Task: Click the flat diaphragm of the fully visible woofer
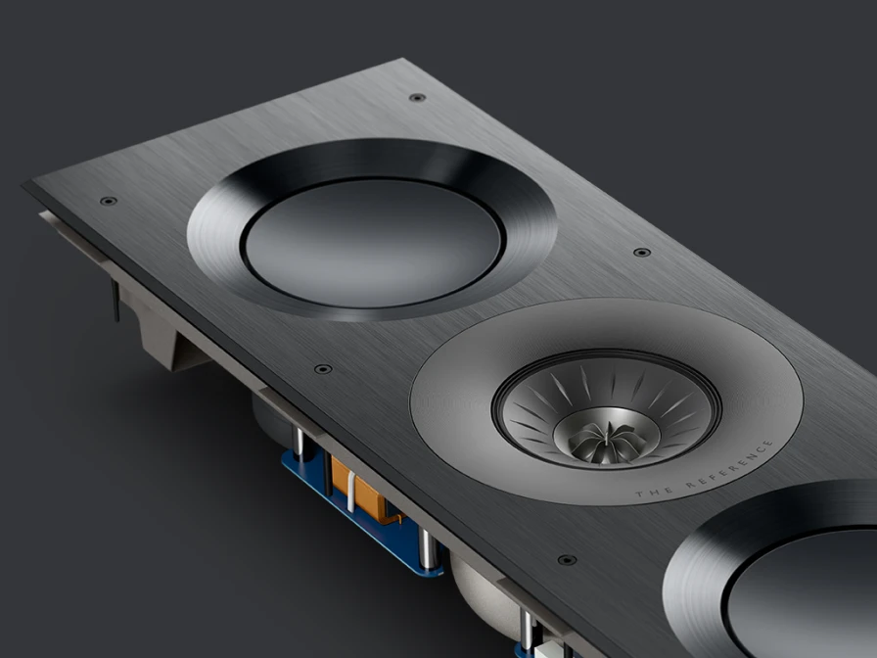(x=373, y=244)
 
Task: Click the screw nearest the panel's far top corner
(x=417, y=97)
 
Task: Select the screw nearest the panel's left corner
(x=108, y=201)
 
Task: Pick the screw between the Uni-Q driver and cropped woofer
(x=567, y=559)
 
